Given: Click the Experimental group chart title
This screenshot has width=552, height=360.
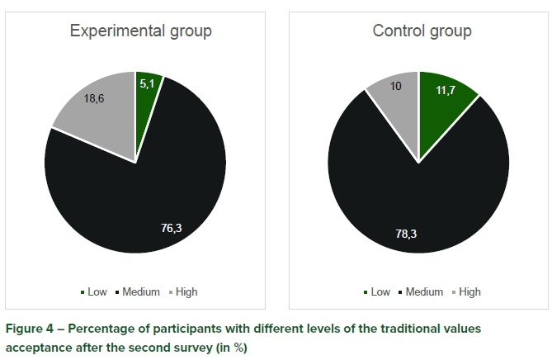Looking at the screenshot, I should coord(140,31).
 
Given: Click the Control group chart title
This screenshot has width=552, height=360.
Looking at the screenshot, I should coord(422,31).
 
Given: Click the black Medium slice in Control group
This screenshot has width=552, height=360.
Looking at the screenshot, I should coord(413,206).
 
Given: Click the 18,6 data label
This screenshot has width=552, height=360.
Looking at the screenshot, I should coord(95,98).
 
